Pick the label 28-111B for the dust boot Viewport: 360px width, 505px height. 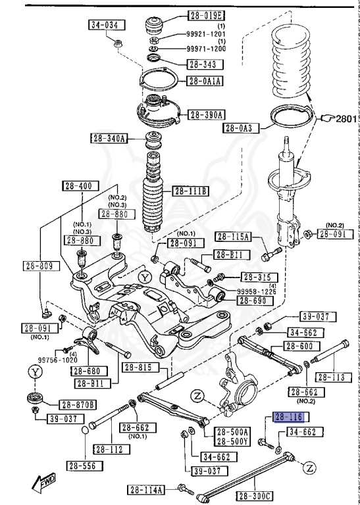(x=190, y=191)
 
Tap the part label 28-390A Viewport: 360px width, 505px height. (x=207, y=114)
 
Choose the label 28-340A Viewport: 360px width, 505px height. (x=108, y=138)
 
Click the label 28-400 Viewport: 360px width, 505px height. (x=77, y=185)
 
